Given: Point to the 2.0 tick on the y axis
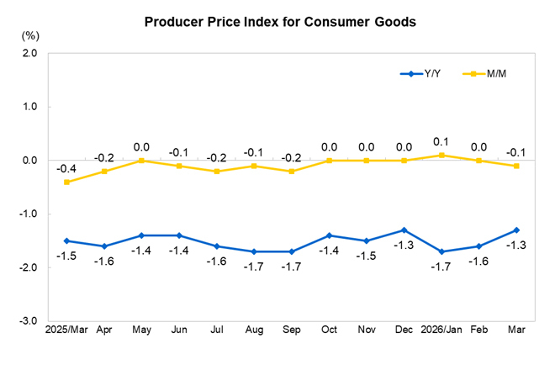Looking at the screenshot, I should [x=30, y=53].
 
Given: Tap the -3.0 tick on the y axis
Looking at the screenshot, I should [x=29, y=321].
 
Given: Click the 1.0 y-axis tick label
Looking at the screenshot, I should [x=30, y=107].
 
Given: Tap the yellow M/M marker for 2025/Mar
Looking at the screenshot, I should [x=66, y=182].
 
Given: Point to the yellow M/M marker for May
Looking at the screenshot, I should [x=141, y=161].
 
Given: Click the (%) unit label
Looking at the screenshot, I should [x=29, y=35].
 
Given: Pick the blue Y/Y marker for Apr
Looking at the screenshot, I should [x=103, y=246].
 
